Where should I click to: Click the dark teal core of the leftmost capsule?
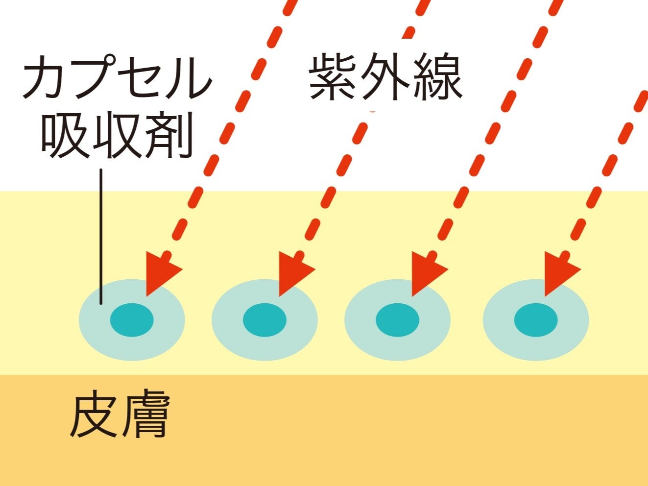[x=132, y=320]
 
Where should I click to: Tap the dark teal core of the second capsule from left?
[x=264, y=320]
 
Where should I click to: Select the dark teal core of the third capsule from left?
[x=397, y=320]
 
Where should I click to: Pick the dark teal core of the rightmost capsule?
[x=536, y=320]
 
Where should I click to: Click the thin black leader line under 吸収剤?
[x=101, y=235]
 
